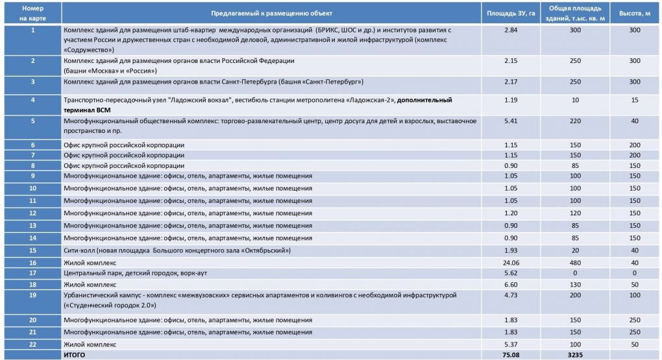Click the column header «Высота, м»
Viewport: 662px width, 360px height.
point(634,13)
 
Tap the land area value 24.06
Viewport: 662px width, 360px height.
point(511,262)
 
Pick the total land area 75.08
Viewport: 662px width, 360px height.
point(511,355)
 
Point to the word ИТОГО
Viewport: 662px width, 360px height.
point(73,355)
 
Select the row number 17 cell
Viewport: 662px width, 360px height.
point(32,273)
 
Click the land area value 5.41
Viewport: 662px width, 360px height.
point(511,121)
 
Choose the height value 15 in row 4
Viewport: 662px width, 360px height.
point(634,100)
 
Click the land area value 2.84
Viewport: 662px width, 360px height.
point(511,30)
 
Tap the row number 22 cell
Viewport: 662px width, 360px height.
point(32,343)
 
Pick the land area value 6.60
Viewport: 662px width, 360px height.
point(511,284)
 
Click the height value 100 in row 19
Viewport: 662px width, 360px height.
point(634,295)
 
